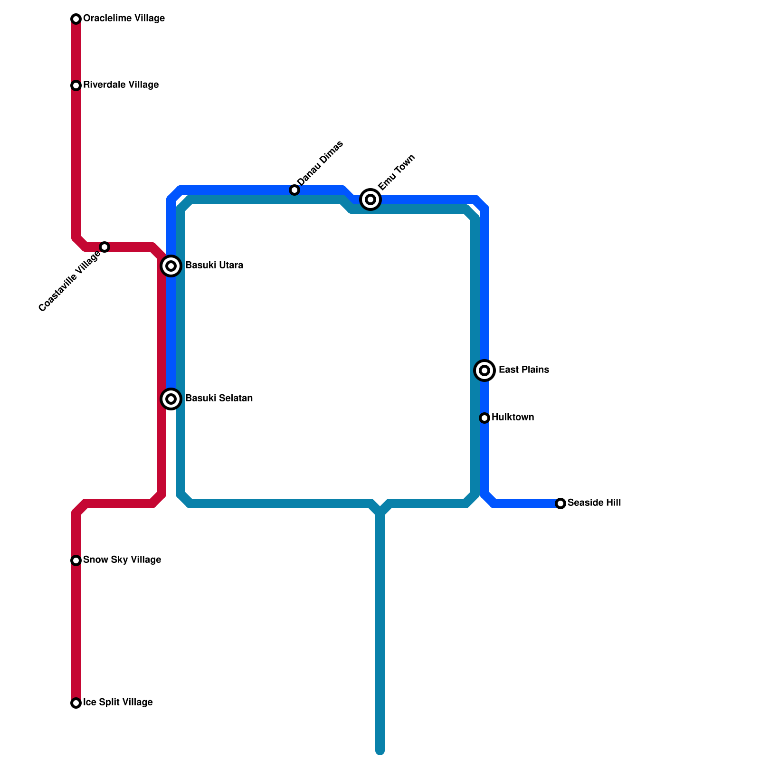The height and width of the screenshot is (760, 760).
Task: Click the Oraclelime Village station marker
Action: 76,19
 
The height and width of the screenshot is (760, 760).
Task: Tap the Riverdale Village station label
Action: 121,85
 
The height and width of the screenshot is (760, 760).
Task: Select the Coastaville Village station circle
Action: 104,247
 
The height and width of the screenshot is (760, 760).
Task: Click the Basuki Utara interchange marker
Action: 171,266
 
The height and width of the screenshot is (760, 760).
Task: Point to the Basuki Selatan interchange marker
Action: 171,399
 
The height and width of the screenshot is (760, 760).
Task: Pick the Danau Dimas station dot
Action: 294,190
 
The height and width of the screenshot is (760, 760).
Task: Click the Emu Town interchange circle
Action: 370,199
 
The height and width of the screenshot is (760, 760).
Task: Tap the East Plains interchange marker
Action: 484,370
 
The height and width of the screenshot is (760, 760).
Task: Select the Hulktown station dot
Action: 484,418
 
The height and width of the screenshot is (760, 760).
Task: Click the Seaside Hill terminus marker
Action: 560,503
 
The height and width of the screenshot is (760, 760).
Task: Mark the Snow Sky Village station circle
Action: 76,560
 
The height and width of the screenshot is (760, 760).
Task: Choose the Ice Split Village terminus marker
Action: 76,703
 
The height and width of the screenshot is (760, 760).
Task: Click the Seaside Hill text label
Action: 594,503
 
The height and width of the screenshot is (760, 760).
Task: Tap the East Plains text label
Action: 523,370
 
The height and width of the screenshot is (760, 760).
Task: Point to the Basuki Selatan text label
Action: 218,399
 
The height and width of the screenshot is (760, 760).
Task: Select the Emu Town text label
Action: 397,172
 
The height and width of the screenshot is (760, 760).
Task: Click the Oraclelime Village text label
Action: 123,19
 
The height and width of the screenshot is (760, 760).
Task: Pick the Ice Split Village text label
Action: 118,703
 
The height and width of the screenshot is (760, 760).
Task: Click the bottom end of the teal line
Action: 380,751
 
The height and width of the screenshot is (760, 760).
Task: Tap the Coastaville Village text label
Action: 69,281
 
